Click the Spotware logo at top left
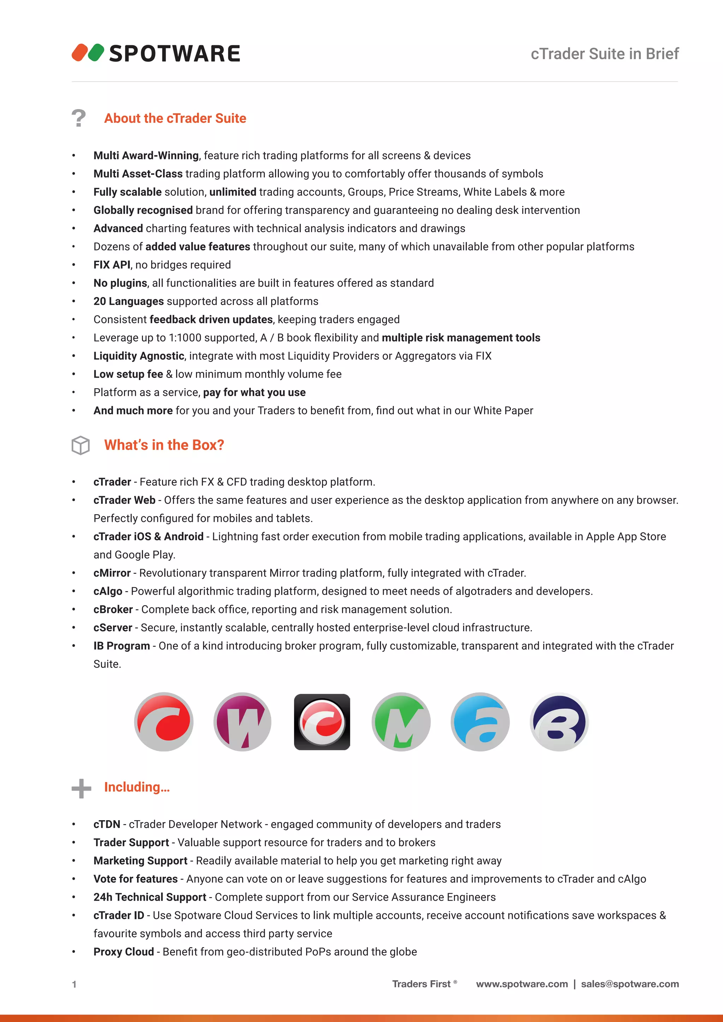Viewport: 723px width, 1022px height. tap(156, 53)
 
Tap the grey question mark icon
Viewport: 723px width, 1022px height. tap(79, 119)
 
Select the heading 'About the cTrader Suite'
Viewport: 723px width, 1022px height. tap(175, 119)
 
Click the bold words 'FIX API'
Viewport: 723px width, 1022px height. tap(112, 265)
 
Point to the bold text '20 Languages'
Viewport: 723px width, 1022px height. tap(129, 301)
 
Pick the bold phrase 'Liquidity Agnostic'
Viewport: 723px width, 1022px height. tap(138, 356)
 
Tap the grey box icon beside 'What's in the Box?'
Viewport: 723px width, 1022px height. tap(80, 445)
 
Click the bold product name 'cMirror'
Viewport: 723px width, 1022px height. tap(112, 573)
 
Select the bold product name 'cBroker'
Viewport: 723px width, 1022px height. tap(113, 609)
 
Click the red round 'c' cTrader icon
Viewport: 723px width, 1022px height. tap(164, 722)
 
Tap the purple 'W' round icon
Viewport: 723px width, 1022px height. tap(243, 722)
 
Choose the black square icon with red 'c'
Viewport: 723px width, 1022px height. tap(322, 722)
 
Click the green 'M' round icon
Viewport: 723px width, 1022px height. tap(401, 722)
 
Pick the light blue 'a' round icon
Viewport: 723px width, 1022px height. tap(480, 722)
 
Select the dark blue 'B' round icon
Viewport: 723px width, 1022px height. tap(559, 722)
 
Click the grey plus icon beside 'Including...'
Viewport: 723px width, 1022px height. tap(81, 788)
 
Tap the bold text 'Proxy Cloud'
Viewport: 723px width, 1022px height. tap(123, 952)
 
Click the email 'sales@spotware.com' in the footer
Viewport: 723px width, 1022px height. tap(629, 984)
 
